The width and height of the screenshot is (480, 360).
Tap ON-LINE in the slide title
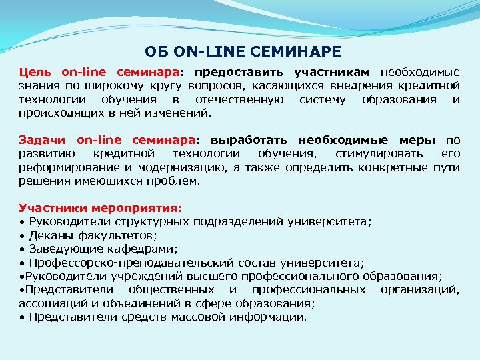[x=207, y=51]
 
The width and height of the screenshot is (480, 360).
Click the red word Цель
[x=35, y=72]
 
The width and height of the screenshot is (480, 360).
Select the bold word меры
[x=418, y=141]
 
